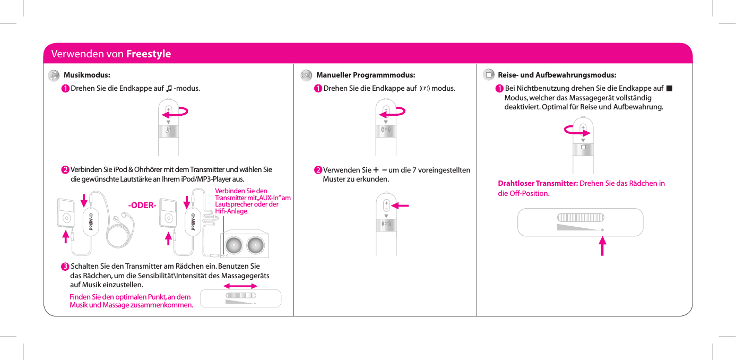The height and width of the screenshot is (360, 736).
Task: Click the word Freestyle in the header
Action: point(148,54)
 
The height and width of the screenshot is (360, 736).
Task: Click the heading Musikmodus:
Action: point(86,75)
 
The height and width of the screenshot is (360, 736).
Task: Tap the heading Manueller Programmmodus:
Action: point(365,75)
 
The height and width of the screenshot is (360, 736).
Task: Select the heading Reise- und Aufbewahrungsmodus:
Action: point(557,75)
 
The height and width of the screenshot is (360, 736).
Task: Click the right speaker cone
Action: point(256,245)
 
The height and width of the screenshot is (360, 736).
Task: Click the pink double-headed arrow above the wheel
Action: point(242,286)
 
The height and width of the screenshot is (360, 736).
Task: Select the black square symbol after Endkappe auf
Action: point(670,88)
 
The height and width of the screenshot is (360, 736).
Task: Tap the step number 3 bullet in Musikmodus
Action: point(64,266)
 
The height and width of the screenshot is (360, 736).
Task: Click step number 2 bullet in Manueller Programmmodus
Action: point(317,170)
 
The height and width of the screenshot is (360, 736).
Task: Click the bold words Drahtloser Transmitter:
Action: point(538,184)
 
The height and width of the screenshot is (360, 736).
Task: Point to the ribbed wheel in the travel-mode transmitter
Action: point(581,217)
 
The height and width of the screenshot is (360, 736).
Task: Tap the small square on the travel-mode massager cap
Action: point(583,147)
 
